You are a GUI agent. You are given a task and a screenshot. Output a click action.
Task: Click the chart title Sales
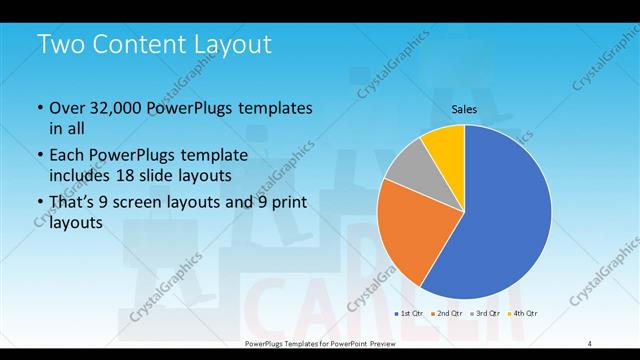[x=464, y=109]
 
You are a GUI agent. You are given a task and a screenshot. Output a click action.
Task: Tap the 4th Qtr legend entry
[x=525, y=315]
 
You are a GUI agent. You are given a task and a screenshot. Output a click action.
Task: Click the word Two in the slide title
[x=61, y=45]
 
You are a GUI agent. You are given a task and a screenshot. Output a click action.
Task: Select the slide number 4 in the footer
[x=590, y=343]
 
